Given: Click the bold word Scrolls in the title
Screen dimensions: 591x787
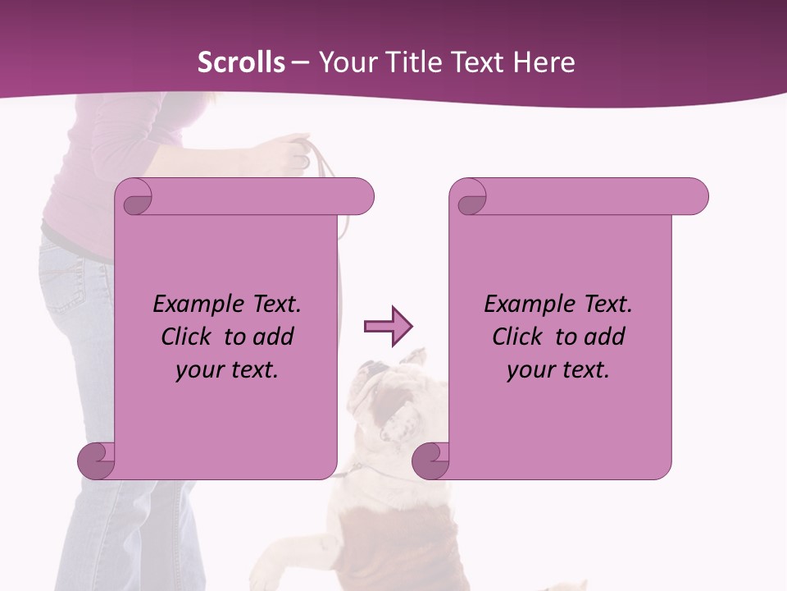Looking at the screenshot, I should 242,62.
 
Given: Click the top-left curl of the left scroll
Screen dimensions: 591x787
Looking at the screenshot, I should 135,197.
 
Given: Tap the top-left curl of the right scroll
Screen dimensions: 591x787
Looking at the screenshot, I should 471,197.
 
